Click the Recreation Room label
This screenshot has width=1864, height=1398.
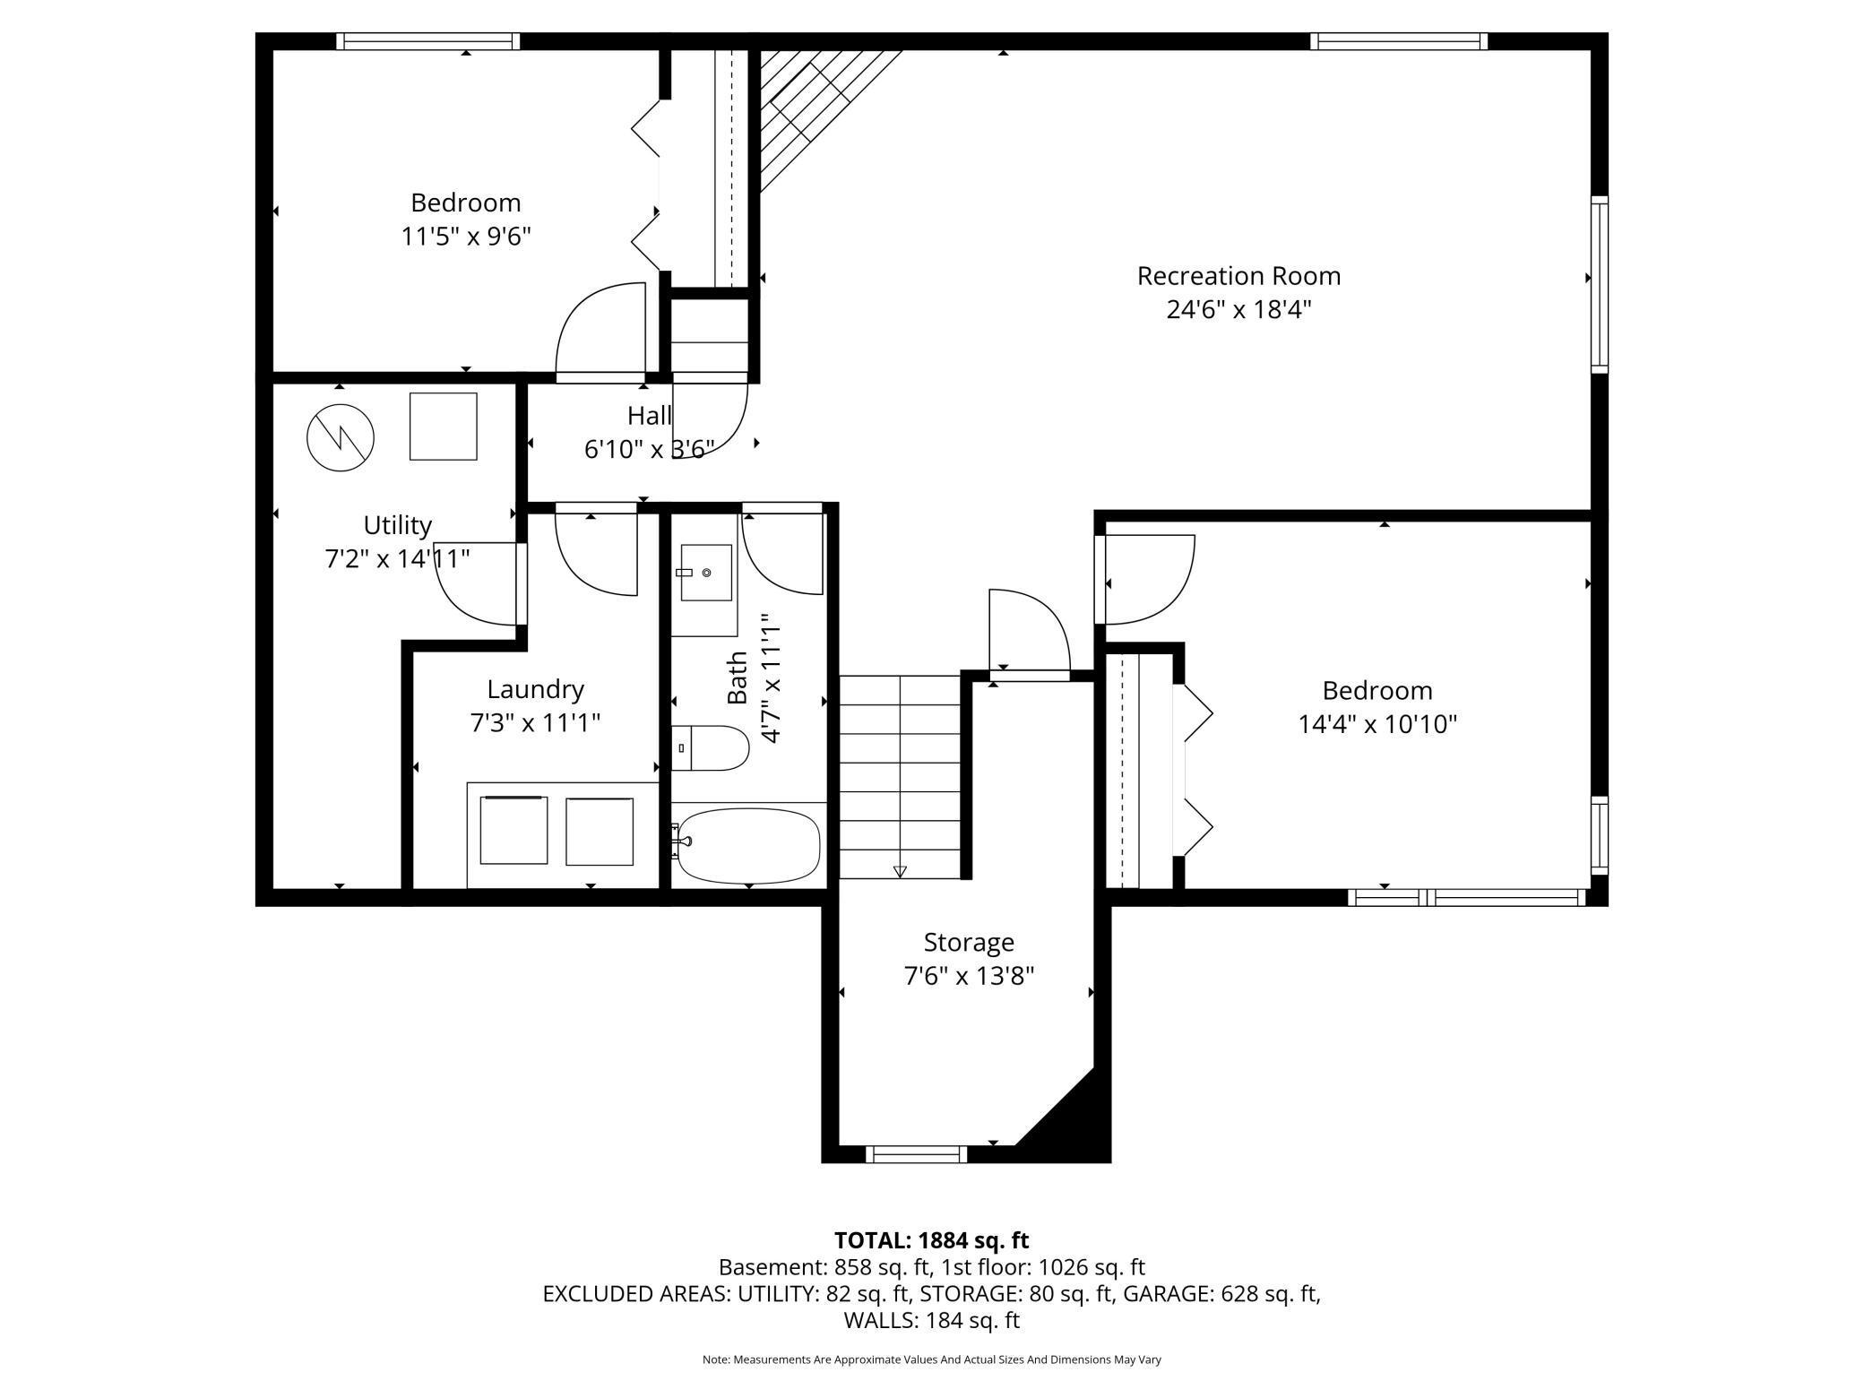[x=1238, y=276]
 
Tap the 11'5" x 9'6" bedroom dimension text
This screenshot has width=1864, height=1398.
[x=466, y=237]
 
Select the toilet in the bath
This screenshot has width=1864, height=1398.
[x=710, y=748]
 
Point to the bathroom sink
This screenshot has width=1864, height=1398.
[x=706, y=572]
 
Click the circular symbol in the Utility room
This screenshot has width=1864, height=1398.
[x=340, y=438]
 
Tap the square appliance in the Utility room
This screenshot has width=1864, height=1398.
[x=444, y=427]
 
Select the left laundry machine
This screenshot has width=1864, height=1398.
[x=513, y=830]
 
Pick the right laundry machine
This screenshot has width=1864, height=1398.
[x=600, y=831]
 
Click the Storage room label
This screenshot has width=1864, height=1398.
[x=969, y=942]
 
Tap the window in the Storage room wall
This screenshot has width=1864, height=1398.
[x=917, y=1154]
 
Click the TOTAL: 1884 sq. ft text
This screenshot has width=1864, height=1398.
[x=931, y=1240]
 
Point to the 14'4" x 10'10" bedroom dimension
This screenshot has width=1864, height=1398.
[x=1377, y=724]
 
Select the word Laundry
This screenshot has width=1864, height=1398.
[x=535, y=689]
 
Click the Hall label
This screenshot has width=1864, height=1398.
[x=649, y=416]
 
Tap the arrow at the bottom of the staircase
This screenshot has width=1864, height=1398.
[x=900, y=871]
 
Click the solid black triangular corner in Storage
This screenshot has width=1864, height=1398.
[x=1071, y=1120]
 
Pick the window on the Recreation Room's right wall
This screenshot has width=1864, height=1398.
[x=1600, y=284]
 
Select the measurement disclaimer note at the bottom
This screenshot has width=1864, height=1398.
[x=931, y=1359]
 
